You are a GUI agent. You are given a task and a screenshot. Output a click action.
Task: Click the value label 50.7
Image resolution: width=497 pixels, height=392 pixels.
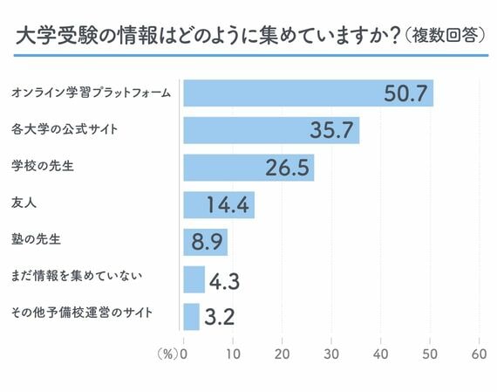point(406,93)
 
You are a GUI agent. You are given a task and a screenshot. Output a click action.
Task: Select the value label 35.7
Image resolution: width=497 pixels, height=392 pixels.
point(332,131)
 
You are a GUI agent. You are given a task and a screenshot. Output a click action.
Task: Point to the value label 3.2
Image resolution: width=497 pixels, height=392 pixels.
point(219,317)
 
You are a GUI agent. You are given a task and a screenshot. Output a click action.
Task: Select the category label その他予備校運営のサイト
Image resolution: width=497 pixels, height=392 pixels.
point(79,313)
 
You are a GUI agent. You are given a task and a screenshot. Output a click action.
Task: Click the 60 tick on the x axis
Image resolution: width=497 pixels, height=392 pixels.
point(478,354)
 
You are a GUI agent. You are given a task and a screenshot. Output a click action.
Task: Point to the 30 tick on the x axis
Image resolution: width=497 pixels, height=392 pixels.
point(330,354)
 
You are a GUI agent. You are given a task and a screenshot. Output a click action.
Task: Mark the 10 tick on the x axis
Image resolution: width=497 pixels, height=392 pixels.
point(232,354)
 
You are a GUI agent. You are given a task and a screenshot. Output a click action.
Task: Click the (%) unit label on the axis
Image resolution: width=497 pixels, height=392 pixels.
point(166,354)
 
